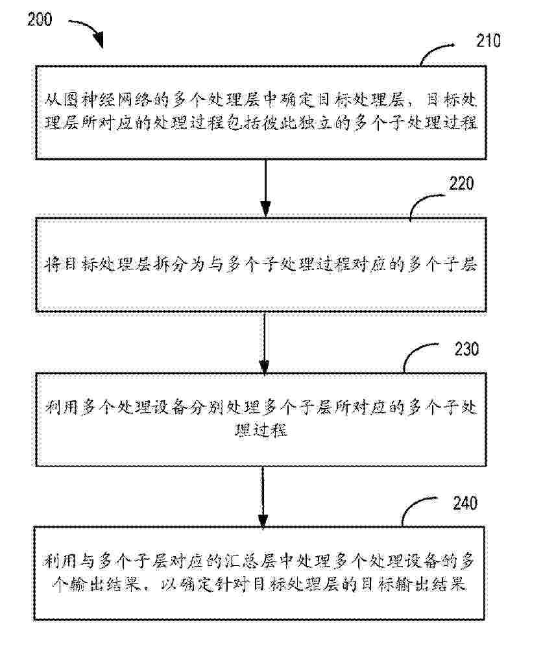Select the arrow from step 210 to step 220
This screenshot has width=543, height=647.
264,188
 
